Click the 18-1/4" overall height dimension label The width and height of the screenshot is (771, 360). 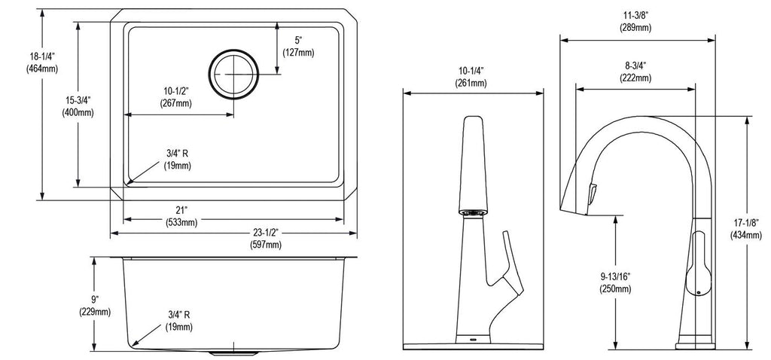point(42,63)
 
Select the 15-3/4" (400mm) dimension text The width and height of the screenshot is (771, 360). point(78,106)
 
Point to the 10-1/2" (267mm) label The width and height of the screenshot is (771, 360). point(175,97)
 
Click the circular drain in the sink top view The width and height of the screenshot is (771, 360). point(233,75)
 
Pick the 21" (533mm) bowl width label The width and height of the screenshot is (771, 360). point(181,217)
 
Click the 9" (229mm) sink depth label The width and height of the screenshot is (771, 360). point(95,306)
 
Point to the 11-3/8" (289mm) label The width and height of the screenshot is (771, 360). point(635,22)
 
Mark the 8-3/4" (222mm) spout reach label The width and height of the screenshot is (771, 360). point(635,72)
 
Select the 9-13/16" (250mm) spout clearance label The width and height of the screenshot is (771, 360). point(615,282)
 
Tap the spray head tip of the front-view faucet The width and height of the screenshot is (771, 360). point(473,212)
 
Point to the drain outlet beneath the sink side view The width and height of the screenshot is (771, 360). point(233,352)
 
